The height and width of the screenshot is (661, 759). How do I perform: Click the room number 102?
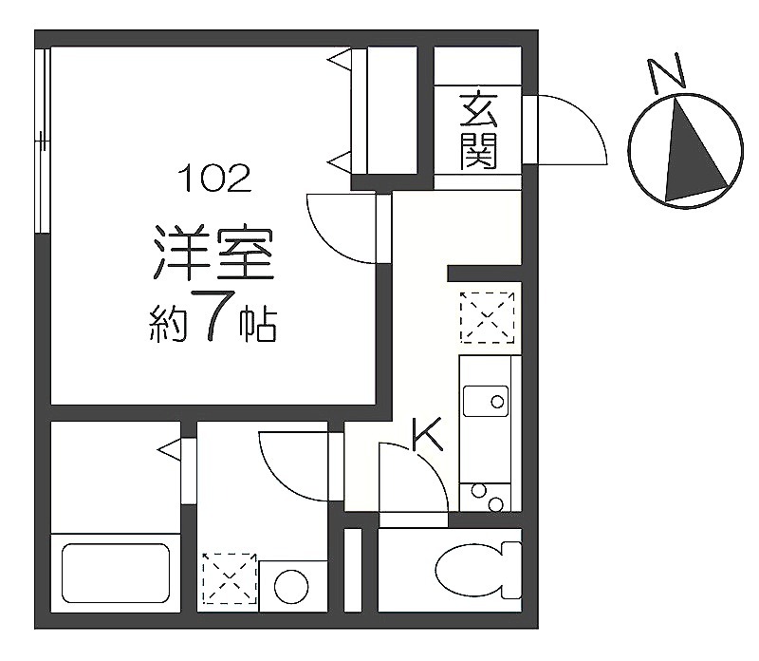(x=215, y=178)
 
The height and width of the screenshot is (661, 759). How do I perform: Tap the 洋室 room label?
(x=213, y=252)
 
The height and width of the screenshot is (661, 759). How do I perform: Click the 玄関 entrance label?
(x=478, y=130)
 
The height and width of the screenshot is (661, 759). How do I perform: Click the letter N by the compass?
(x=666, y=74)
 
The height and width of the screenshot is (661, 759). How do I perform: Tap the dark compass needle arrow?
(x=694, y=150)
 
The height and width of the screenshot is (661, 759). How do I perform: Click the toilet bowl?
(x=478, y=570)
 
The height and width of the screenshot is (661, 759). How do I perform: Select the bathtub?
(x=116, y=573)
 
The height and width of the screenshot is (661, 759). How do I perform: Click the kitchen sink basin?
(x=486, y=401)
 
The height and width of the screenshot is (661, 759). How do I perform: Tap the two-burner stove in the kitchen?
(x=486, y=498)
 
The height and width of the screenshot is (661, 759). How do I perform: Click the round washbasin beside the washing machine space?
(x=291, y=586)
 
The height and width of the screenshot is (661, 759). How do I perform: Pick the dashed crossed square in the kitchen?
(x=487, y=317)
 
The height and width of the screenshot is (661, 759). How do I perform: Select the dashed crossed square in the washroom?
(x=230, y=578)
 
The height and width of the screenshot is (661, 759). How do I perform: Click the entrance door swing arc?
(x=572, y=130)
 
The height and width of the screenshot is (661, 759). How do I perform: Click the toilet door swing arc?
(x=414, y=477)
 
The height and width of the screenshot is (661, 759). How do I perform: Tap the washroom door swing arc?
(x=294, y=466)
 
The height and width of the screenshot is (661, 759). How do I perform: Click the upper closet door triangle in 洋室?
(x=341, y=60)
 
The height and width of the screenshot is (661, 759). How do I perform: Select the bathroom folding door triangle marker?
(x=170, y=450)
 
